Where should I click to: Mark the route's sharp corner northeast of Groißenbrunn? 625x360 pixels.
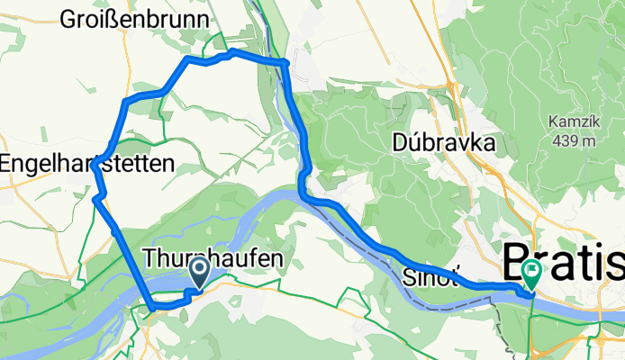click(x=285, y=62)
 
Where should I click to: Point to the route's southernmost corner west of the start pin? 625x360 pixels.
click(x=152, y=307)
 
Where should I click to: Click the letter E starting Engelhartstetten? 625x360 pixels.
click(x=6, y=164)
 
